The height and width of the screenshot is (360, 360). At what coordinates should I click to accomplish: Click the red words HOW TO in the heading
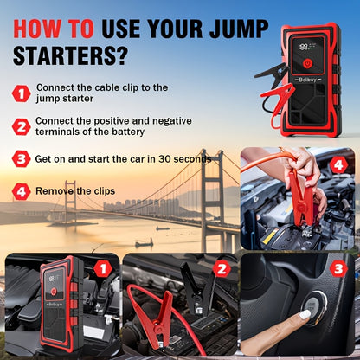click(54, 29)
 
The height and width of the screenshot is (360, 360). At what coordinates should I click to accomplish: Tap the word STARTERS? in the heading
click(70, 55)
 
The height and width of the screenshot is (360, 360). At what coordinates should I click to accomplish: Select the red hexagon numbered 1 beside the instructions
click(21, 93)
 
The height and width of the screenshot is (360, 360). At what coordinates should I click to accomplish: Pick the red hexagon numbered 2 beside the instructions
click(21, 126)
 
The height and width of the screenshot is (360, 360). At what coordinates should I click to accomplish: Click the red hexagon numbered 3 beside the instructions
click(21, 159)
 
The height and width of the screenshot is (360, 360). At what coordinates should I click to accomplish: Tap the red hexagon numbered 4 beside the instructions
click(21, 191)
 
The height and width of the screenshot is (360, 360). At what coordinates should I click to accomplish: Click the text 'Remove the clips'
click(75, 191)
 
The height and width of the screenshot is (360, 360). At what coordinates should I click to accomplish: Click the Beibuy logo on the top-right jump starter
click(307, 80)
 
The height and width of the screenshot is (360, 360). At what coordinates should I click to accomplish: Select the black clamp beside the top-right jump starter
click(272, 74)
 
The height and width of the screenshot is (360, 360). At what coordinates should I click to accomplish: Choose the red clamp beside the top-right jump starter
click(278, 98)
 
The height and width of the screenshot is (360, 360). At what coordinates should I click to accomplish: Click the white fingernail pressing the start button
click(305, 315)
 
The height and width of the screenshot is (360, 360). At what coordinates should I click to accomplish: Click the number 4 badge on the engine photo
click(338, 165)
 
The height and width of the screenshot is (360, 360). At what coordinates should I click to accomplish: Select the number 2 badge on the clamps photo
click(222, 269)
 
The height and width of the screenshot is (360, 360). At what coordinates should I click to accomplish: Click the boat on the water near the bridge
click(145, 244)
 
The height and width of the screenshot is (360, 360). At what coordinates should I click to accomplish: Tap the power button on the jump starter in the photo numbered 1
click(54, 292)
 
